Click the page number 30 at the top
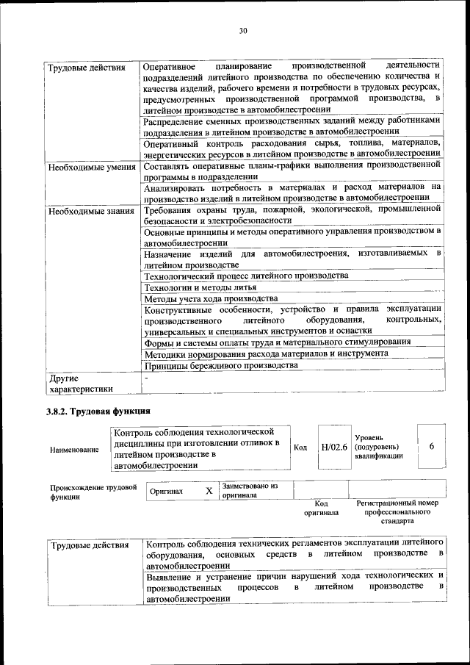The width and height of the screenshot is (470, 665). (243, 30)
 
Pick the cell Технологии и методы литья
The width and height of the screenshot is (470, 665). (199, 287)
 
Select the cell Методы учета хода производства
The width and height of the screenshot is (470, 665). (210, 299)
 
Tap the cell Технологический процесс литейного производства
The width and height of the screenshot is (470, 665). (245, 276)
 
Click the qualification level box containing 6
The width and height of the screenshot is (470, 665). (432, 447)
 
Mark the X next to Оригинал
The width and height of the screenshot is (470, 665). (209, 490)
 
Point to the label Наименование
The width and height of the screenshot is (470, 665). (74, 449)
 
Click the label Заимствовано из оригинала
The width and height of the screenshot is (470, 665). (249, 490)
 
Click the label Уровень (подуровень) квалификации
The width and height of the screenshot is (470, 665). (377, 446)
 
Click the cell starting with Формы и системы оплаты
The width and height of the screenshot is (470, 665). (276, 342)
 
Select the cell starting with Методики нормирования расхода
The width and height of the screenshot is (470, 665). (265, 353)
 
